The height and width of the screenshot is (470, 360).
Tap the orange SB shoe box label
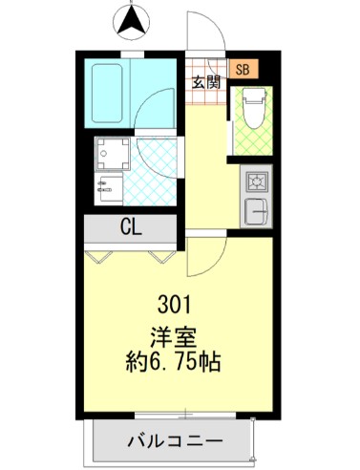coord(242,69)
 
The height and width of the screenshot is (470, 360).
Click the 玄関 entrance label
coord(207,81)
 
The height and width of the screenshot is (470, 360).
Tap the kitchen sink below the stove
coord(257,209)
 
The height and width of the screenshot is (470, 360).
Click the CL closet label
coord(131,227)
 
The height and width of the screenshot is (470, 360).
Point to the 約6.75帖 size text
coord(174,364)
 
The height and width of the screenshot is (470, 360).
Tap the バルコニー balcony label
coord(175,441)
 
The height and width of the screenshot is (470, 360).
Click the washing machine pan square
coord(112,153)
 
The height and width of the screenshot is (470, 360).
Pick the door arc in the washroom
coord(157,153)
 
